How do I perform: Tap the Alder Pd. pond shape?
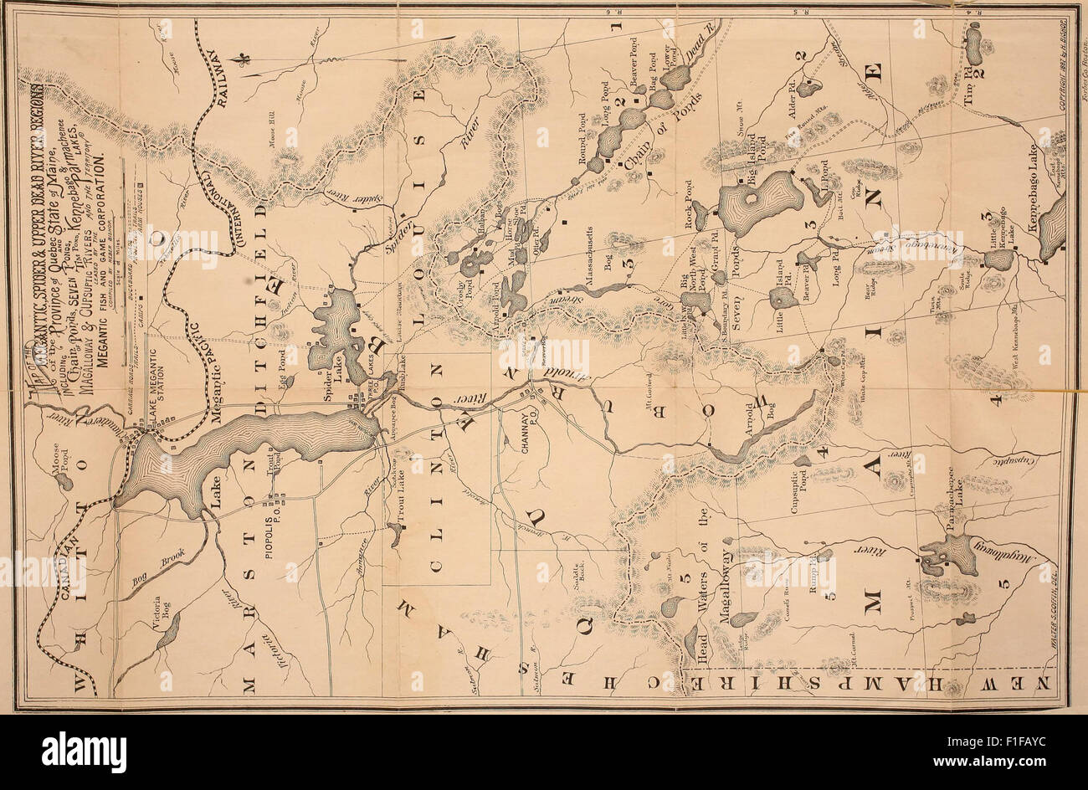pyautogui.click(x=808, y=86)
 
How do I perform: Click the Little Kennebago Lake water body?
pyautogui.click(x=998, y=259)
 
